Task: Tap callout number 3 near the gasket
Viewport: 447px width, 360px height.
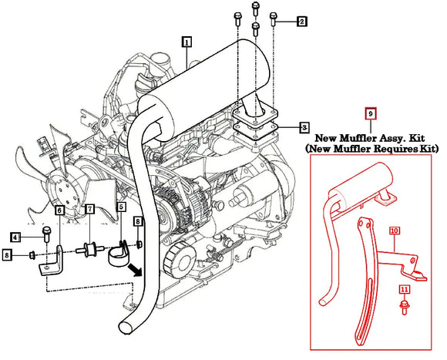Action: point(304,126)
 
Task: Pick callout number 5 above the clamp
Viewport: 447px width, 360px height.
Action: point(121,207)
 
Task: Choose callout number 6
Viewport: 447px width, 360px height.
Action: point(59,210)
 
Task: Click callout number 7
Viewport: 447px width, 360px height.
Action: point(89,210)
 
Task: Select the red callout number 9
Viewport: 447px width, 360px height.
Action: point(370,113)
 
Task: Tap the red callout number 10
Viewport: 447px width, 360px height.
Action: point(394,230)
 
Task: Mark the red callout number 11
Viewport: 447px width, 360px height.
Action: point(403,290)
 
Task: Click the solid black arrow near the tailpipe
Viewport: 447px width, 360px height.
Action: point(137,271)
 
